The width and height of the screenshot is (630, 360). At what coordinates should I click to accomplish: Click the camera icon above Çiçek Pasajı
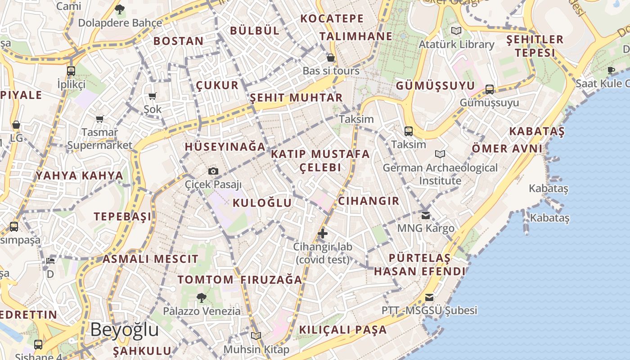(x=213, y=171)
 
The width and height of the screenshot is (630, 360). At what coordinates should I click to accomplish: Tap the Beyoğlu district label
(x=124, y=330)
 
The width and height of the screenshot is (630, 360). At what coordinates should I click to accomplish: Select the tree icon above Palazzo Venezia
(x=201, y=297)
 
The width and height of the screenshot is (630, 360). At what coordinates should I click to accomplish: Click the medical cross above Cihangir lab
(x=323, y=233)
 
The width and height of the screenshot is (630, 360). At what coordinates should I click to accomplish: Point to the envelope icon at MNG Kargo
(x=426, y=215)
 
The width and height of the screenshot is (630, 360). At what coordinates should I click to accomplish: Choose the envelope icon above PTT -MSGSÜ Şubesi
(x=429, y=297)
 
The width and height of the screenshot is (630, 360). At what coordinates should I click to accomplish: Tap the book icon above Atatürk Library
(x=456, y=31)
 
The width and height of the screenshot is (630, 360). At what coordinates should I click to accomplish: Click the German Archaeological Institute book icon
(x=440, y=154)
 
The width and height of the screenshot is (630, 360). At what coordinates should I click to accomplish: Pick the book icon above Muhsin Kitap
(x=256, y=336)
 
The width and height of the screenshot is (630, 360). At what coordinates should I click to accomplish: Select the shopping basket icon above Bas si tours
(x=331, y=58)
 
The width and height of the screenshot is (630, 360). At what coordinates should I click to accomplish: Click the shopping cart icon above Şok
(x=152, y=96)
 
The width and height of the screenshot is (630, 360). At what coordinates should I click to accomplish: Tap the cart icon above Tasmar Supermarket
(x=99, y=119)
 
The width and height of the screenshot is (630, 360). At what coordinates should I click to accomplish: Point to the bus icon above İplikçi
(x=71, y=71)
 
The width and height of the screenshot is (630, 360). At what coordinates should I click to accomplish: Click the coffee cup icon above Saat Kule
(x=611, y=70)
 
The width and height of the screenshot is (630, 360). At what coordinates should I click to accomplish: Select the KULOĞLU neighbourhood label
(x=262, y=203)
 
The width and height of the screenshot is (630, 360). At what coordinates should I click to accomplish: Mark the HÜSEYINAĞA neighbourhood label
(x=225, y=147)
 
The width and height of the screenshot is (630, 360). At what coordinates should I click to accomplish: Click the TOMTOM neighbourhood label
(x=205, y=279)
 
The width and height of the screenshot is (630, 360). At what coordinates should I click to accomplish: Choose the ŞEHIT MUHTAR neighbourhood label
(x=296, y=98)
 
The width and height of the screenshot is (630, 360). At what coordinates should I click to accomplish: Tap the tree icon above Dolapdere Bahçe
(x=120, y=9)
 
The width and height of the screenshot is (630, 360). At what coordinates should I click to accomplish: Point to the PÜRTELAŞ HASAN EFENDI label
(x=419, y=265)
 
